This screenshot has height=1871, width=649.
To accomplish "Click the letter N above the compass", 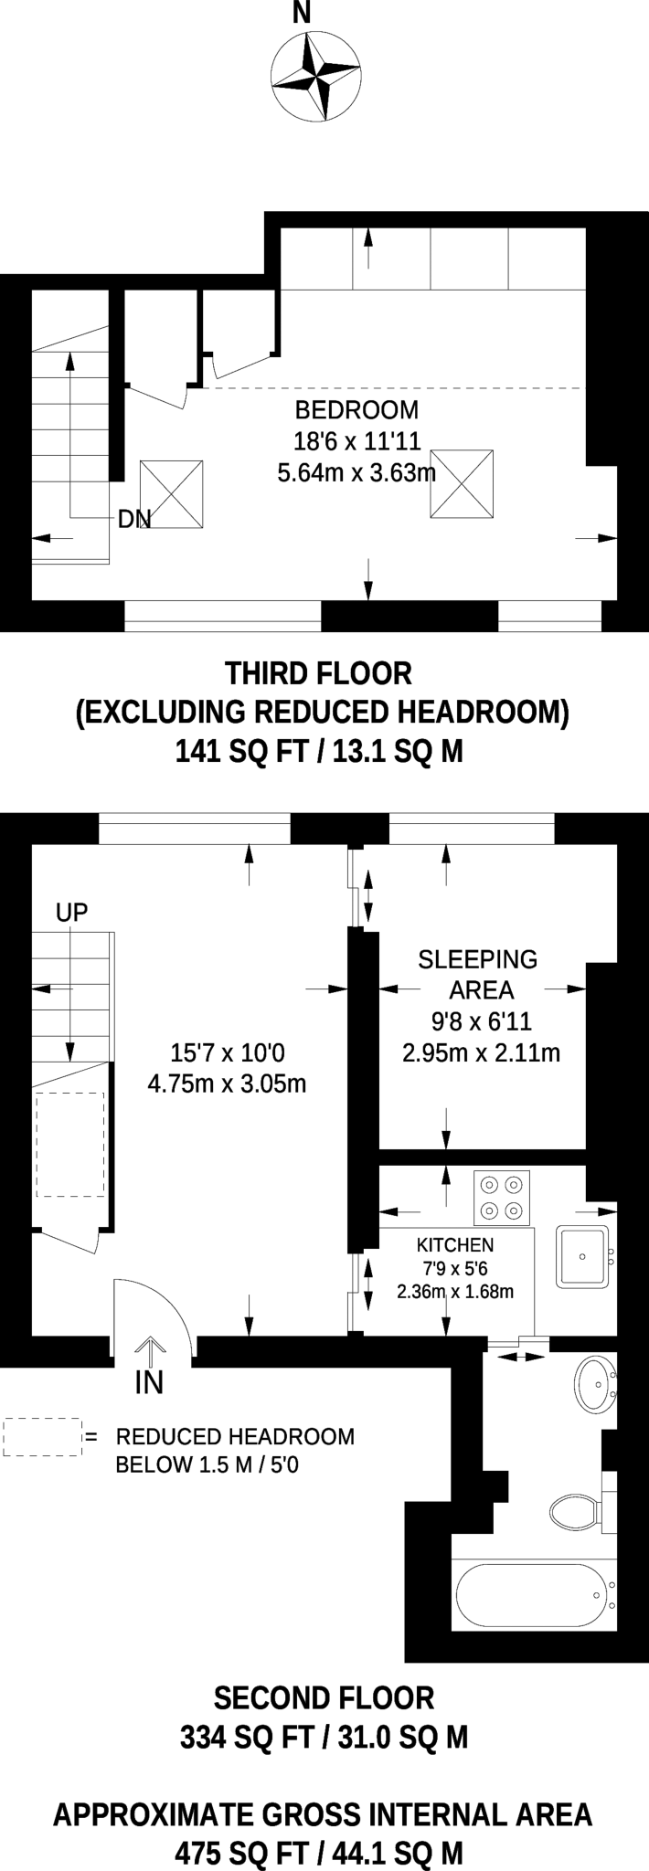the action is tap(301, 12).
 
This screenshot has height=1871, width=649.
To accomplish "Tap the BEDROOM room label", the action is tap(357, 410).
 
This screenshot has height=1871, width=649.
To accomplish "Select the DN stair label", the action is tap(134, 519).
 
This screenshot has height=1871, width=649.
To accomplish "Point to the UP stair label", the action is tap(72, 913).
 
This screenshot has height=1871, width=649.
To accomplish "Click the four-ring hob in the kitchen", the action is tap(502, 1198).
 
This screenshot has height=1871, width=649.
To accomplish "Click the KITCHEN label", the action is tap(455, 1244).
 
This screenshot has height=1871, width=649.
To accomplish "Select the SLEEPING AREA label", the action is tap(478, 974).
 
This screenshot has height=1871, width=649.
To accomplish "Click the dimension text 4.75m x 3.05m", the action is tap(227, 1083).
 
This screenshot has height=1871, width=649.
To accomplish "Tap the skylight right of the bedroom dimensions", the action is tap(462, 484).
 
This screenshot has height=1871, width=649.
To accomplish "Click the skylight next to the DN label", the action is tap(171, 493).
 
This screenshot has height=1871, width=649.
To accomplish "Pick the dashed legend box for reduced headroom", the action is tap(43, 1437).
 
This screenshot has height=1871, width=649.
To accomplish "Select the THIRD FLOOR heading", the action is tap(318, 673).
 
